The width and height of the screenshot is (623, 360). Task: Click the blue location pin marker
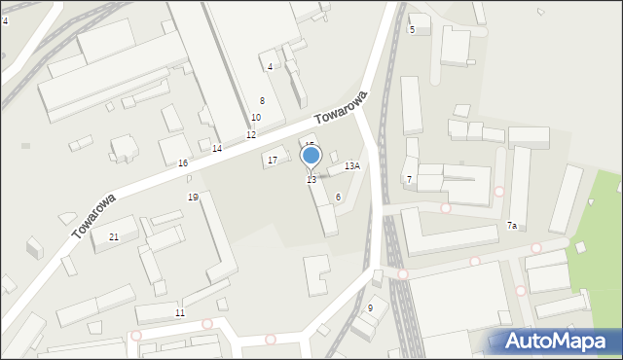[x=311, y=156]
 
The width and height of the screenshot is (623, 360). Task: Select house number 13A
[x=352, y=166]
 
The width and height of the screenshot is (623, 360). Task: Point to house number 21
[x=114, y=237]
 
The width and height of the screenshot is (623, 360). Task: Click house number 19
[x=193, y=198]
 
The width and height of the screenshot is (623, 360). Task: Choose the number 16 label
[x=182, y=163]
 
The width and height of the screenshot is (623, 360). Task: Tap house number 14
[x=217, y=149]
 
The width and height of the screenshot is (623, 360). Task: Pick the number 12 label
[x=250, y=135]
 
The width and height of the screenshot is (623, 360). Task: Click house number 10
[x=255, y=118]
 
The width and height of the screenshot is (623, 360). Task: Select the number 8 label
[x=262, y=101]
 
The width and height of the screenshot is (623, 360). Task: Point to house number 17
[x=273, y=161]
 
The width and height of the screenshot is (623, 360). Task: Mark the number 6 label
[x=338, y=198]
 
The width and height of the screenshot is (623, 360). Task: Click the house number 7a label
[x=511, y=226]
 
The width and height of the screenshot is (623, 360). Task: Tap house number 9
[x=370, y=308]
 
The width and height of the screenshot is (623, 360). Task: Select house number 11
[x=179, y=313]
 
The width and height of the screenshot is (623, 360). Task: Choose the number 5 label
[x=412, y=30]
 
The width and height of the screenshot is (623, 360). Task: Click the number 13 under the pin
[x=311, y=180]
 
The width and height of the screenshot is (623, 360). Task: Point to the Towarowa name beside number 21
[x=93, y=215]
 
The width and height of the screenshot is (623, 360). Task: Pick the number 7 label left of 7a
[x=409, y=180]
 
